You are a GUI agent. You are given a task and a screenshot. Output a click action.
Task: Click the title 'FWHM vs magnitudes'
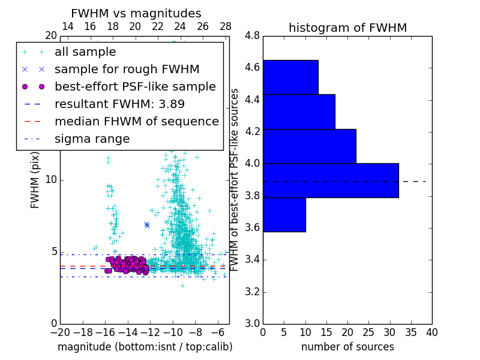[x=136, y=14]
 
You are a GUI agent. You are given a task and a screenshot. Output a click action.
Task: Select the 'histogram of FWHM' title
[x=347, y=28]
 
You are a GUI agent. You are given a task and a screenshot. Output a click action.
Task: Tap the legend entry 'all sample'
[x=85, y=52]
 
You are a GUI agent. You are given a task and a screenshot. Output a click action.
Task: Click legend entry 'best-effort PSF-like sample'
[x=135, y=86]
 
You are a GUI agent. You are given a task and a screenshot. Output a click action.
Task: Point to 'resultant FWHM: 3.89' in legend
[x=119, y=104]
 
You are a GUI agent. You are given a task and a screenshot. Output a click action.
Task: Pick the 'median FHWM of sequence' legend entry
[x=136, y=121]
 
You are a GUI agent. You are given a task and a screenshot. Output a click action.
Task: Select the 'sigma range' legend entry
[x=92, y=139]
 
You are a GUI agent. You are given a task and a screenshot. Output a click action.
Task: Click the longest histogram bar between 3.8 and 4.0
[x=330, y=180]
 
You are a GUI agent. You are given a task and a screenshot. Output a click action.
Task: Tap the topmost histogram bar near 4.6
[x=290, y=77]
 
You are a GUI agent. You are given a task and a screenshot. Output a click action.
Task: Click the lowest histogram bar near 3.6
[x=284, y=214]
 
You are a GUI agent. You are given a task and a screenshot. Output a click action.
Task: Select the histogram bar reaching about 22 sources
[x=309, y=146]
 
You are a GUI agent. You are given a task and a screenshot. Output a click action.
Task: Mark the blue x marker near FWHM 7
[x=147, y=225]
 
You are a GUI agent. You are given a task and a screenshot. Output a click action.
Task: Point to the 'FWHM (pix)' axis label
[x=35, y=179]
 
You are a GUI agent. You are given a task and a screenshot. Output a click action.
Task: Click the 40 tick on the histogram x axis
[x=431, y=332]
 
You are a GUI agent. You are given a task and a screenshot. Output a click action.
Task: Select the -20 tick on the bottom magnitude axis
[x=60, y=332]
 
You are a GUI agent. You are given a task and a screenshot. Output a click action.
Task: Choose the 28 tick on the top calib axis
[x=226, y=27]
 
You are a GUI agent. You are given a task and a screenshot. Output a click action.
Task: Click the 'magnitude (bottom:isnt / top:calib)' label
[x=145, y=347]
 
